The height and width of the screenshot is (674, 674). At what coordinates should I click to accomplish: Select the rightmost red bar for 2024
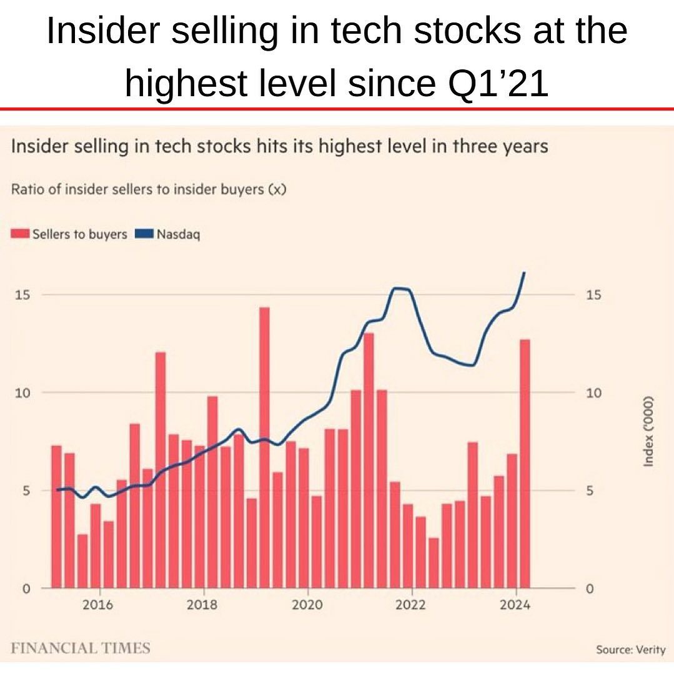pos(525,462)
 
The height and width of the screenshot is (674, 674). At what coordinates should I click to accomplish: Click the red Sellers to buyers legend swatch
pos(20,234)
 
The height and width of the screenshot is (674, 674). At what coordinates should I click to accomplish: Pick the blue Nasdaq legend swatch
pos(144,234)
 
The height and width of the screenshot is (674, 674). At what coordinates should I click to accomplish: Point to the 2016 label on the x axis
pos(98,605)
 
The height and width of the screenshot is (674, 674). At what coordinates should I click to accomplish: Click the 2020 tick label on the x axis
pos(307,605)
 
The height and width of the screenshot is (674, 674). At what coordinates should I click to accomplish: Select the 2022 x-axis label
pos(412,605)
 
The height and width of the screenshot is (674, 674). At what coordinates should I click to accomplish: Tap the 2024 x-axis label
pos(516,605)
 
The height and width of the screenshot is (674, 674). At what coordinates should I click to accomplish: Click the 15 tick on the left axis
pos(24,295)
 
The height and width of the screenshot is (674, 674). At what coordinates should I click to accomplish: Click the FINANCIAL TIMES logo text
pos(81,647)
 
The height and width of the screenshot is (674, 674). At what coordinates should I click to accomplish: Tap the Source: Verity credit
pos(630,650)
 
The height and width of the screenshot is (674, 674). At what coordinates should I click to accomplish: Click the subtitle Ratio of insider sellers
pos(149,189)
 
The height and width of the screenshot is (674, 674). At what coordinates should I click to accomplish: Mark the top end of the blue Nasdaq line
pos(524,272)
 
